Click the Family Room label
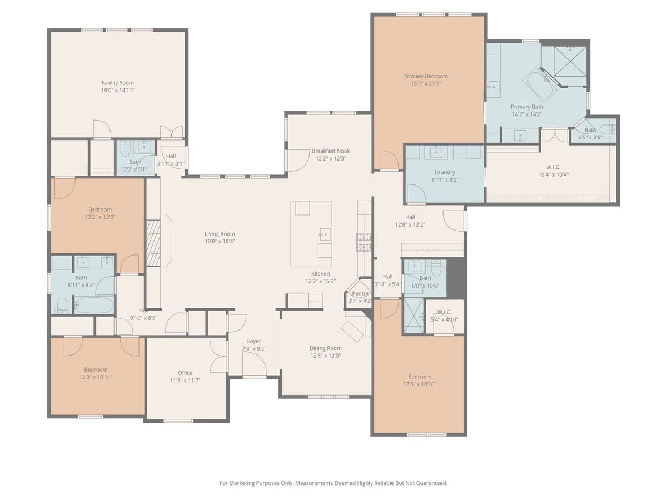point(118,83)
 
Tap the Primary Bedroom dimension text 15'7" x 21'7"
point(425,84)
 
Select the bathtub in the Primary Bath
point(540,84)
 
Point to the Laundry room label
point(445,172)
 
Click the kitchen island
point(311,233)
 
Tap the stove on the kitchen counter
point(364,242)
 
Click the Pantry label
point(360,293)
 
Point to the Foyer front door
point(254,365)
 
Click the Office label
point(185,373)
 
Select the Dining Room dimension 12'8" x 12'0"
point(325,356)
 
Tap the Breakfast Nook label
point(331,151)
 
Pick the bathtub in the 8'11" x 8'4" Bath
point(93,305)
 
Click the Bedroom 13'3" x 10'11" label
point(96,369)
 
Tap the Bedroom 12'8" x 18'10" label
point(419,376)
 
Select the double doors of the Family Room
point(171,132)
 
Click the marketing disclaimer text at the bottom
point(333,483)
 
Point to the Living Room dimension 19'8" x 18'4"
point(220,241)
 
